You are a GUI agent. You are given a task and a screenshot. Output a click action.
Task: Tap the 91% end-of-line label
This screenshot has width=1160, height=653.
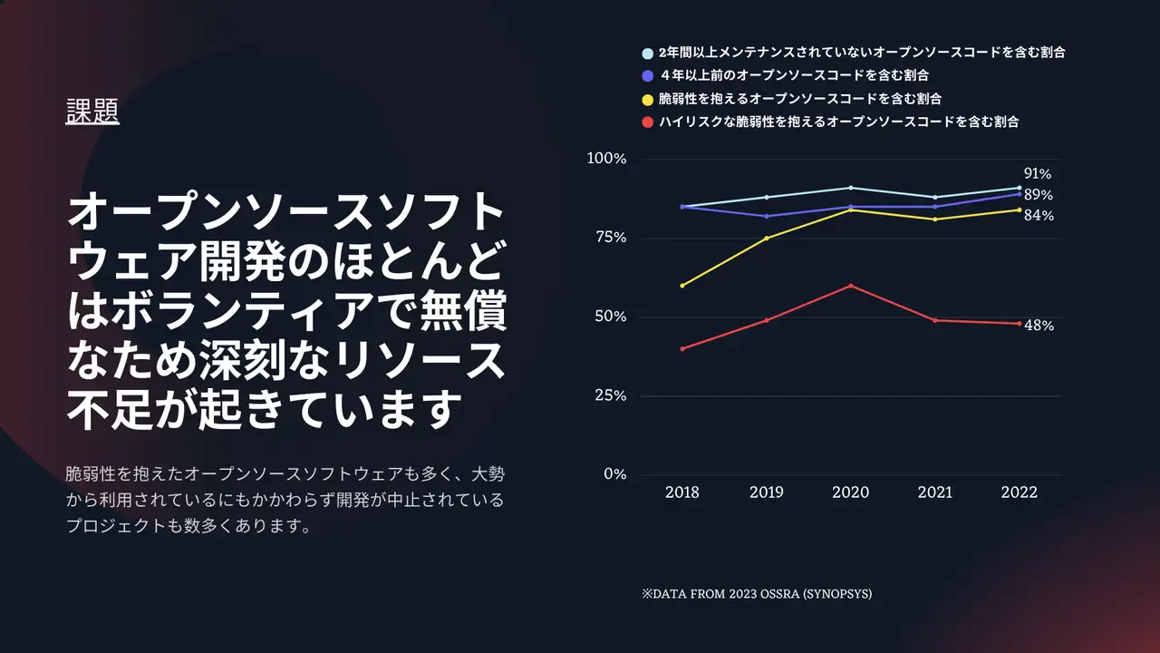click(x=1038, y=174)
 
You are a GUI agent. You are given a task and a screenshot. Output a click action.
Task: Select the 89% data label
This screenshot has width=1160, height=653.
click(x=1038, y=195)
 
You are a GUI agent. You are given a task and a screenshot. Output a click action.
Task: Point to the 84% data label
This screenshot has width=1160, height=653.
click(x=1038, y=216)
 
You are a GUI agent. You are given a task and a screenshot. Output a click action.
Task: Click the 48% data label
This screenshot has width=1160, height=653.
click(x=1039, y=326)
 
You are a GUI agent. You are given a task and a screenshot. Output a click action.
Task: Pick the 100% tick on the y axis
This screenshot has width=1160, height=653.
click(x=606, y=159)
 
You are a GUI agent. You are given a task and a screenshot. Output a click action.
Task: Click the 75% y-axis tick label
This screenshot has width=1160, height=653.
click(x=609, y=238)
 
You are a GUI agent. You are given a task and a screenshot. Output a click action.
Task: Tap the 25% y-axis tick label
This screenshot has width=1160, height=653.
click(x=609, y=395)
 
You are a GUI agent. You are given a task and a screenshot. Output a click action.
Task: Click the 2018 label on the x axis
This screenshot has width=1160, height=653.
click(x=682, y=492)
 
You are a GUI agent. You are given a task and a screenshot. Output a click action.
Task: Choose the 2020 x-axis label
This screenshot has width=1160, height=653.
click(x=850, y=492)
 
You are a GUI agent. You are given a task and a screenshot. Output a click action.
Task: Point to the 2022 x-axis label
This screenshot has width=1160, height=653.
click(x=1019, y=492)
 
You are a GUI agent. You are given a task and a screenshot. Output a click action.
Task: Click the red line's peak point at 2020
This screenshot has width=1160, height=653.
click(x=850, y=286)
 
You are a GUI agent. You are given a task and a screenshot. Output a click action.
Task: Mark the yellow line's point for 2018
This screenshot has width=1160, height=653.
click(x=682, y=286)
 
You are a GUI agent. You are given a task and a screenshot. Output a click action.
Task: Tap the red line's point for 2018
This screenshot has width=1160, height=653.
click(x=682, y=348)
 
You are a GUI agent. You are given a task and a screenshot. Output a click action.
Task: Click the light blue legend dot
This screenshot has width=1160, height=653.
click(x=647, y=54)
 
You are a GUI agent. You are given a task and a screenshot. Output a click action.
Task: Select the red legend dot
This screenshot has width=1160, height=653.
click(x=647, y=122)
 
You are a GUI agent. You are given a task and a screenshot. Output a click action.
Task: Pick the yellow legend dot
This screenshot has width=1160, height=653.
click(x=647, y=99)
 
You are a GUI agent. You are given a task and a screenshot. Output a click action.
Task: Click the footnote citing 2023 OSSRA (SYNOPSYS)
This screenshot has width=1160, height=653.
click(x=757, y=594)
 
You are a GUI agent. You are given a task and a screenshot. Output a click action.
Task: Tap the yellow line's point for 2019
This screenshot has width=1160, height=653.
click(x=767, y=239)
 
